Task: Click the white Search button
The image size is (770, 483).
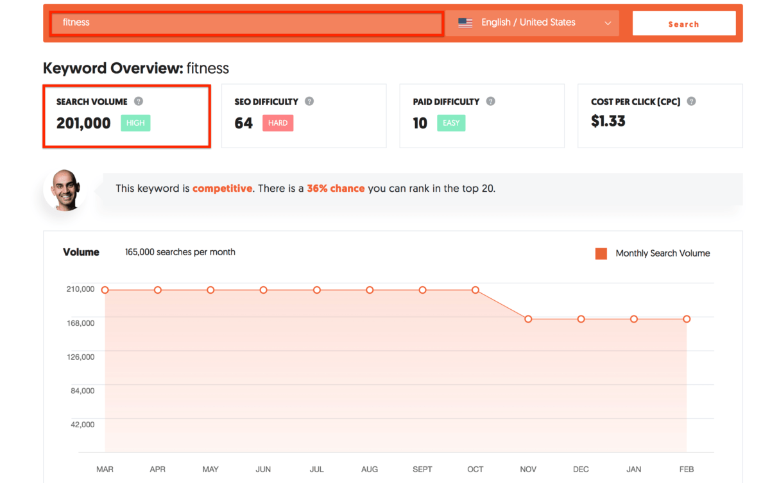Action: [x=684, y=23]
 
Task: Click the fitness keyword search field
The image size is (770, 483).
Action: [x=246, y=23]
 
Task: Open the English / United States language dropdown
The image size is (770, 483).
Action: [x=533, y=23]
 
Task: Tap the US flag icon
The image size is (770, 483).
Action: [x=465, y=23]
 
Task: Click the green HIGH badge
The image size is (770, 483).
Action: [x=135, y=123]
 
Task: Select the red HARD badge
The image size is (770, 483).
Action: [x=278, y=123]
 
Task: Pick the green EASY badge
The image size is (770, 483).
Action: [x=451, y=123]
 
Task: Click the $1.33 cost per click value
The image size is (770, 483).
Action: [x=608, y=121]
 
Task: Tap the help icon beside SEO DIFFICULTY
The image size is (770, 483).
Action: [x=309, y=101]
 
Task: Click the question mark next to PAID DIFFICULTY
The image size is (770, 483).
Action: [x=490, y=101]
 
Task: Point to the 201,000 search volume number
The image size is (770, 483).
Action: [x=83, y=123]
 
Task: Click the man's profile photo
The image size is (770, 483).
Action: [x=65, y=190]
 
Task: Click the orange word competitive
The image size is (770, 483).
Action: [x=222, y=188]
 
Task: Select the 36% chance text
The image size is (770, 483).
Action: [x=336, y=188]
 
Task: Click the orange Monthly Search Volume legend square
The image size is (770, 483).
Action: [x=601, y=253]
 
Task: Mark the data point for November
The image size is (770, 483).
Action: [x=528, y=319]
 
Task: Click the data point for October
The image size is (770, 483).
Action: [x=475, y=290]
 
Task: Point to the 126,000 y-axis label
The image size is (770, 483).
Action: [x=80, y=357]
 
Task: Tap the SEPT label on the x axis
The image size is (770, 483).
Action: [x=422, y=470]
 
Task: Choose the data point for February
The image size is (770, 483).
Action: [x=687, y=319]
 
